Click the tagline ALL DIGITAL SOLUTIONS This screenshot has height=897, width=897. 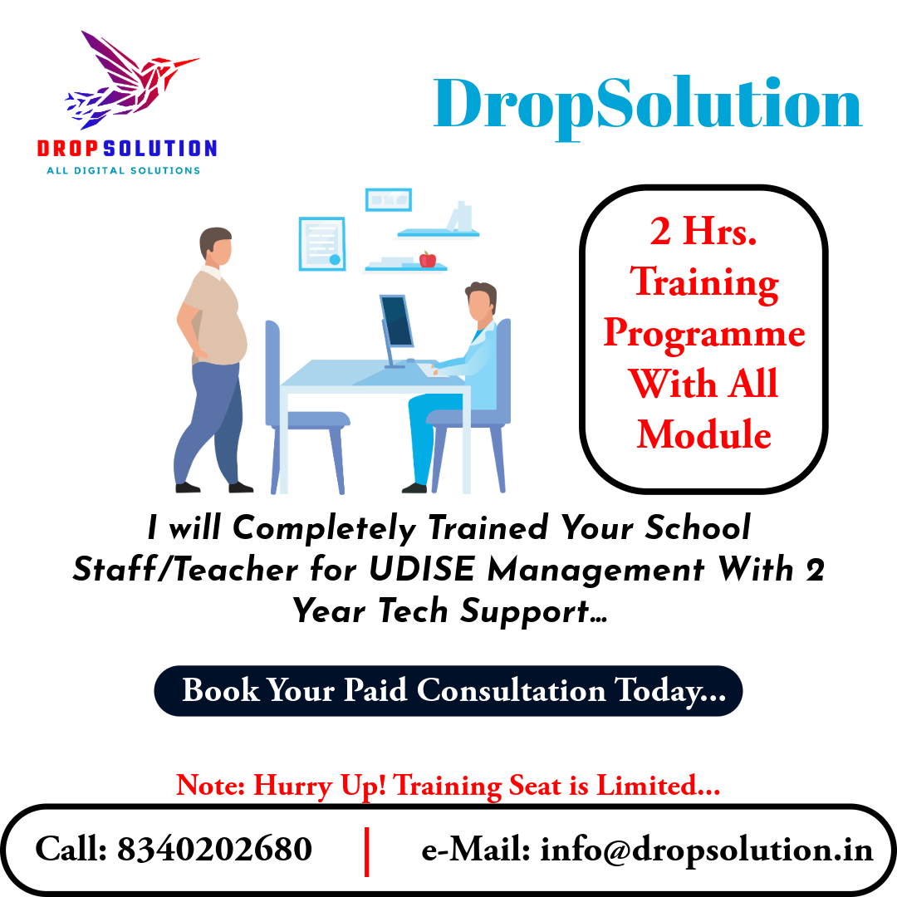pos(124,170)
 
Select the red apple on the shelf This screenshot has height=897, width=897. pos(428,259)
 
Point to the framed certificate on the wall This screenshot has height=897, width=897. pos(322,243)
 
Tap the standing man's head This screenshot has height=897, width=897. pos(216,246)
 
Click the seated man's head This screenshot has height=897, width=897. pos(481,302)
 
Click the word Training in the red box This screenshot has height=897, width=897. pos(704,282)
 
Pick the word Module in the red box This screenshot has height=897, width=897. pos(703,434)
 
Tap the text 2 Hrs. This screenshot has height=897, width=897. pos(703,231)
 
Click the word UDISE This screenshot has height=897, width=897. pos(422,569)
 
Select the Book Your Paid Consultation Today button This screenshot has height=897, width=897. pos(448,690)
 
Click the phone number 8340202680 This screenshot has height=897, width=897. pos(214,848)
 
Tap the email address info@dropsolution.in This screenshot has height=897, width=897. pos(707,850)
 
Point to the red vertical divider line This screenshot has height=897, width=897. pos(367,851)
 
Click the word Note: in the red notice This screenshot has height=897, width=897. pos(210,785)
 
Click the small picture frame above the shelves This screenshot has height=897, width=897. pos(389,199)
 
